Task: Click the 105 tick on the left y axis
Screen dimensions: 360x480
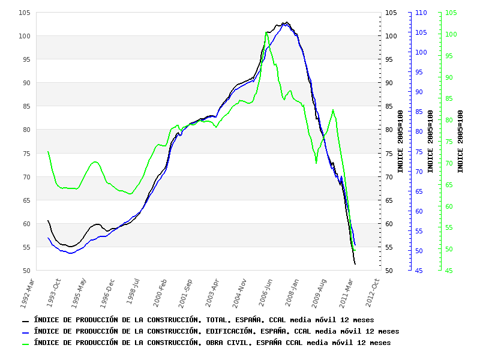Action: (x=25, y=13)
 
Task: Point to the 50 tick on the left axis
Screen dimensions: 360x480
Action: (x=26, y=271)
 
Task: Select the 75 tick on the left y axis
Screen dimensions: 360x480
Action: (x=26, y=153)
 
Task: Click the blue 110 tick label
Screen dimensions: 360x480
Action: (x=421, y=13)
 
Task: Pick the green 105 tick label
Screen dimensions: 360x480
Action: (x=451, y=13)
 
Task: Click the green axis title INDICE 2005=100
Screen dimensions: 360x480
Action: (x=461, y=142)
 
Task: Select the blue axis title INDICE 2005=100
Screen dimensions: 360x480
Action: (x=431, y=142)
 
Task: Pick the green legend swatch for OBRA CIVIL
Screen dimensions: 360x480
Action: (x=26, y=344)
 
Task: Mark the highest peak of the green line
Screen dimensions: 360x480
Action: (x=267, y=32)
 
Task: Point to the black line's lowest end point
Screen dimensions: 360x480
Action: (x=355, y=264)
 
